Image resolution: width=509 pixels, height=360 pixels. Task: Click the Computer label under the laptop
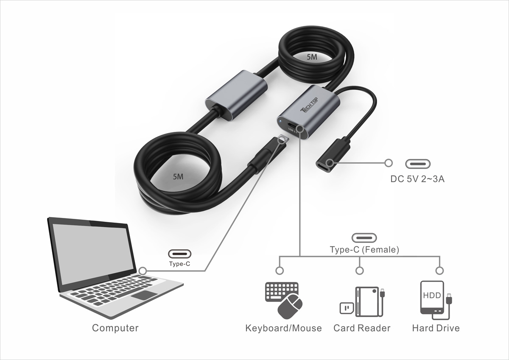115,328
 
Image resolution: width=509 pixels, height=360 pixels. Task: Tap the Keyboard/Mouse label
283,328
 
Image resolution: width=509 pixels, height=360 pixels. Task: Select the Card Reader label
362,328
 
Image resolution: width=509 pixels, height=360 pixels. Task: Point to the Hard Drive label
436,328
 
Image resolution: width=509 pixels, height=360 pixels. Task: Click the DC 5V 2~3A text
417,179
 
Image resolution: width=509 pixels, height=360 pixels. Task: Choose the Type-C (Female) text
364,250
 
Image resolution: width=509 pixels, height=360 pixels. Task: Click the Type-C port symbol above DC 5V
418,164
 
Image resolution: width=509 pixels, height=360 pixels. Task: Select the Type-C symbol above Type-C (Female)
364,238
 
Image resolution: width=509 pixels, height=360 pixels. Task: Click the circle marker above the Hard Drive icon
439,271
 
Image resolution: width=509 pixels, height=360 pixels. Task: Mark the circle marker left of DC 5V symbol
388,162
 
